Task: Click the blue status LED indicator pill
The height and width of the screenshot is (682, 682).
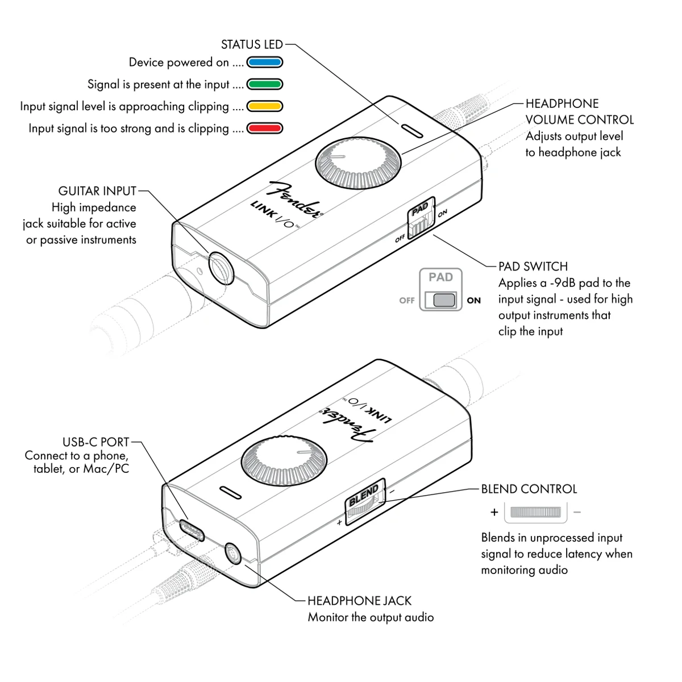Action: click(264, 63)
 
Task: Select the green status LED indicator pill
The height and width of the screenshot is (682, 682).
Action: click(264, 85)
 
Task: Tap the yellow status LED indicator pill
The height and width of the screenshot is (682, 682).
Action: click(264, 106)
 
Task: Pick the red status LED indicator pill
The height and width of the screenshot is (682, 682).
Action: click(264, 128)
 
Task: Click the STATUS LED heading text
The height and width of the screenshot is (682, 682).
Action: click(251, 44)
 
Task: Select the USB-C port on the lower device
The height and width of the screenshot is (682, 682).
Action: click(192, 530)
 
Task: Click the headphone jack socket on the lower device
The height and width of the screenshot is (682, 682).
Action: click(234, 553)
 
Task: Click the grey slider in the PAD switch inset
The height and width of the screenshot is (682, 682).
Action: click(444, 300)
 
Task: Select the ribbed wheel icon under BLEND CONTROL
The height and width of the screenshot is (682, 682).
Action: click(535, 512)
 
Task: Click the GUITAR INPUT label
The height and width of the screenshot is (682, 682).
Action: click(97, 191)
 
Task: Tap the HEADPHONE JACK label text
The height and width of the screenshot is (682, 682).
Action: click(359, 601)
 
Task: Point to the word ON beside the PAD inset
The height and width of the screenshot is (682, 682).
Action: click(473, 301)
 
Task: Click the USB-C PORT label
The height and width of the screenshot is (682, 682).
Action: click(96, 442)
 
